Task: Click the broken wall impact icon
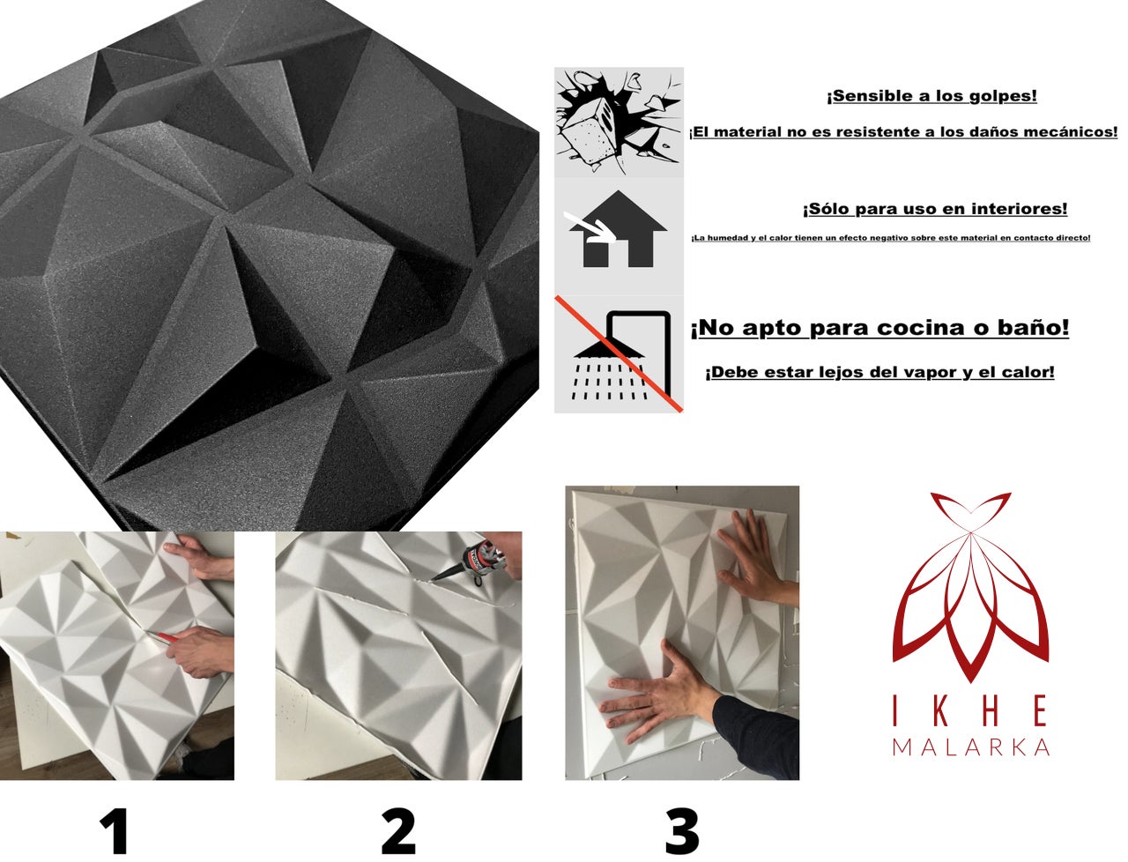[x=619, y=122]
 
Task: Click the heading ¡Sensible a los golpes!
[x=931, y=96]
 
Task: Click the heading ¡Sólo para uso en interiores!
[x=934, y=209]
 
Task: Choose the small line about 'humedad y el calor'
[x=890, y=238]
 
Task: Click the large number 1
[x=115, y=830]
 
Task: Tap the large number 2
[x=398, y=830]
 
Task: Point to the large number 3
[x=682, y=830]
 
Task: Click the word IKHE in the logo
[x=970, y=711]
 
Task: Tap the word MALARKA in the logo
[x=970, y=747]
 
